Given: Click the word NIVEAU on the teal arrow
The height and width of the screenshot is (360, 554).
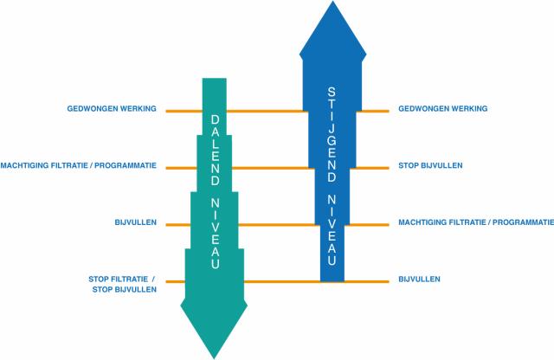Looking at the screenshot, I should [x=214, y=228].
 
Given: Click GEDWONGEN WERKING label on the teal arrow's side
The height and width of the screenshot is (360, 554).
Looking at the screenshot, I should [x=112, y=109].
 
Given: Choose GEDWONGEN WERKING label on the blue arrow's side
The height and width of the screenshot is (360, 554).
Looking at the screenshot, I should [x=443, y=109].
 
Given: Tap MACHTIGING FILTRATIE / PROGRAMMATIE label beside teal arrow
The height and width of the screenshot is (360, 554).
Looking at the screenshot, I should [x=79, y=165].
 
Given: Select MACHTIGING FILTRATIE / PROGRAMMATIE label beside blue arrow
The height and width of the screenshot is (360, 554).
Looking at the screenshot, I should [x=475, y=222].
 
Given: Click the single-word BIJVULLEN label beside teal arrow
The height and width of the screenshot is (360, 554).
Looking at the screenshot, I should [x=135, y=222].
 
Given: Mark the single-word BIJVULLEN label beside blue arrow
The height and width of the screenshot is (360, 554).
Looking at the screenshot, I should [x=420, y=280].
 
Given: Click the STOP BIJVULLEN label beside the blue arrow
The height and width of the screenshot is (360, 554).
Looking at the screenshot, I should [x=430, y=165].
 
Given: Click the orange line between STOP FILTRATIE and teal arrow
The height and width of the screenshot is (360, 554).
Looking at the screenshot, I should [x=174, y=281].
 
